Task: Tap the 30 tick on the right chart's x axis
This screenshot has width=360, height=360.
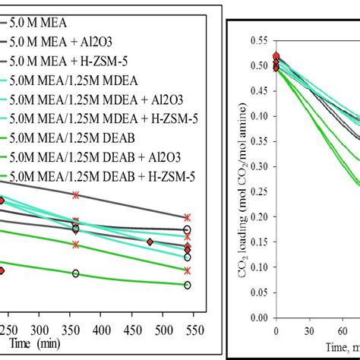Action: (309, 332)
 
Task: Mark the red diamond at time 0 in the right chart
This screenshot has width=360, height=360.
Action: (276, 56)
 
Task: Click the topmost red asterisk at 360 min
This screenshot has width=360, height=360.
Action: (75, 195)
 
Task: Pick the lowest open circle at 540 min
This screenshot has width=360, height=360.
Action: (187, 285)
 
